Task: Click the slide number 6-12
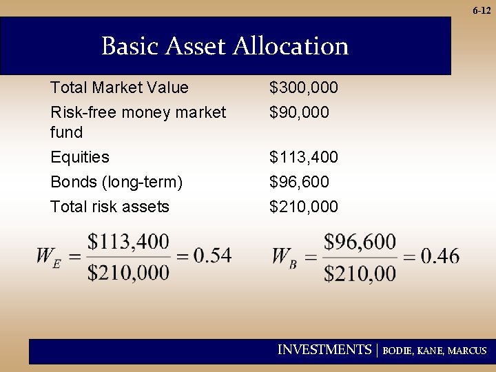482,10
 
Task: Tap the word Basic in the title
130,47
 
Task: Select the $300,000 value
304,88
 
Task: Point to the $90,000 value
299,112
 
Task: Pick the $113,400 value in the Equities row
304,157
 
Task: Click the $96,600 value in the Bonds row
299,182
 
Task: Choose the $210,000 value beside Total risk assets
304,207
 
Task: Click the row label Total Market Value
119,87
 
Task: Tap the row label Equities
80,157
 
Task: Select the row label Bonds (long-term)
116,182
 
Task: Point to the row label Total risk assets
110,207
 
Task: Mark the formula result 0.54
212,256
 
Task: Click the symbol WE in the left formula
47,257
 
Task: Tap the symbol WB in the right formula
284,257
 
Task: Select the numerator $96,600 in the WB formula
360,241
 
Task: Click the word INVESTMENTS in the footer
324,350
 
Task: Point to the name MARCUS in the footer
467,351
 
